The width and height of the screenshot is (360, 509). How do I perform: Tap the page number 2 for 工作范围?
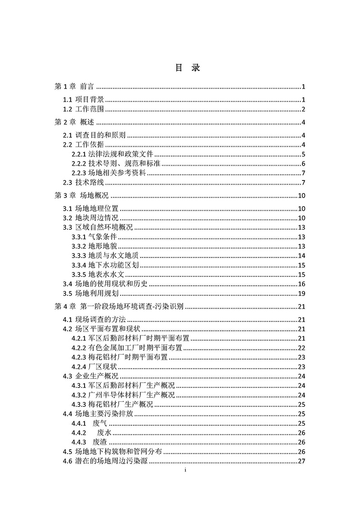(x=304, y=109)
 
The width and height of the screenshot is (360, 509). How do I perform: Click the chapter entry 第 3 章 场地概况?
(x=81, y=195)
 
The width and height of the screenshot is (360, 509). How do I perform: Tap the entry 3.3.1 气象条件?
(x=94, y=237)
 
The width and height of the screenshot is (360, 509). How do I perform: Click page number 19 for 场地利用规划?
(x=302, y=293)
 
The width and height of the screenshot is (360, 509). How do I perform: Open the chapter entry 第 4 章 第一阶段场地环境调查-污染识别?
(x=119, y=307)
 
